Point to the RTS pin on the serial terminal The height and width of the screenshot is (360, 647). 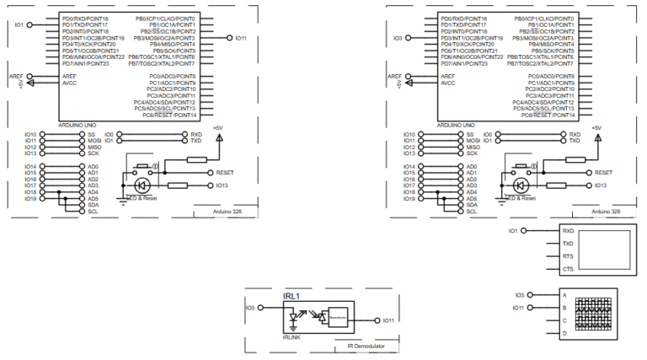coord(568,255)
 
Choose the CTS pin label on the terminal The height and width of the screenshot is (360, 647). coord(568,268)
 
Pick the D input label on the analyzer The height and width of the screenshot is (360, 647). coord(564,334)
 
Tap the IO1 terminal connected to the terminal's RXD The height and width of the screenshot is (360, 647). coord(513,230)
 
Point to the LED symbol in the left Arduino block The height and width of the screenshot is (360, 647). coord(141,185)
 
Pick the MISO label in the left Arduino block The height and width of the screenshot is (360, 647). coord(94,148)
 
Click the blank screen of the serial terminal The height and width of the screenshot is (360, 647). coord(600,250)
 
